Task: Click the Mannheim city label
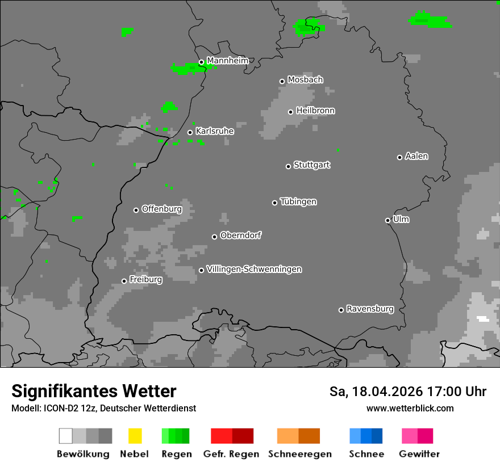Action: pyautogui.click(x=227, y=61)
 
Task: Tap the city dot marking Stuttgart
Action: pyautogui.click(x=288, y=166)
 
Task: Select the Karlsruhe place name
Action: pyautogui.click(x=214, y=131)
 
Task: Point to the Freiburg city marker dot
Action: pyautogui.click(x=124, y=281)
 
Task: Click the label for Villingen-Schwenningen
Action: pyautogui.click(x=254, y=269)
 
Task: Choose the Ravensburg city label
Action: pyautogui.click(x=370, y=309)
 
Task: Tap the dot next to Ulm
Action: pyautogui.click(x=388, y=220)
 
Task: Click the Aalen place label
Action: pyautogui.click(x=416, y=156)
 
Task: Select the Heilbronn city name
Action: pyautogui.click(x=315, y=111)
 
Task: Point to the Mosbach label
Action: pyautogui.click(x=305, y=80)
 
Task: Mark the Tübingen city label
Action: pyautogui.click(x=298, y=201)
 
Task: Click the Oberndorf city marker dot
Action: pyautogui.click(x=214, y=237)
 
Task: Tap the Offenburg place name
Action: pyautogui.click(x=161, y=209)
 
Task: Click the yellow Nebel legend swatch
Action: pyautogui.click(x=135, y=436)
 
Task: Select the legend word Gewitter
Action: pyautogui.click(x=419, y=454)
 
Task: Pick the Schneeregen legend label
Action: pyautogui.click(x=299, y=454)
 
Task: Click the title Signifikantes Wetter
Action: pyautogui.click(x=94, y=392)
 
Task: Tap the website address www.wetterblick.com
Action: pyautogui.click(x=410, y=408)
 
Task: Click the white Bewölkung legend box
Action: pyautogui.click(x=66, y=436)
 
